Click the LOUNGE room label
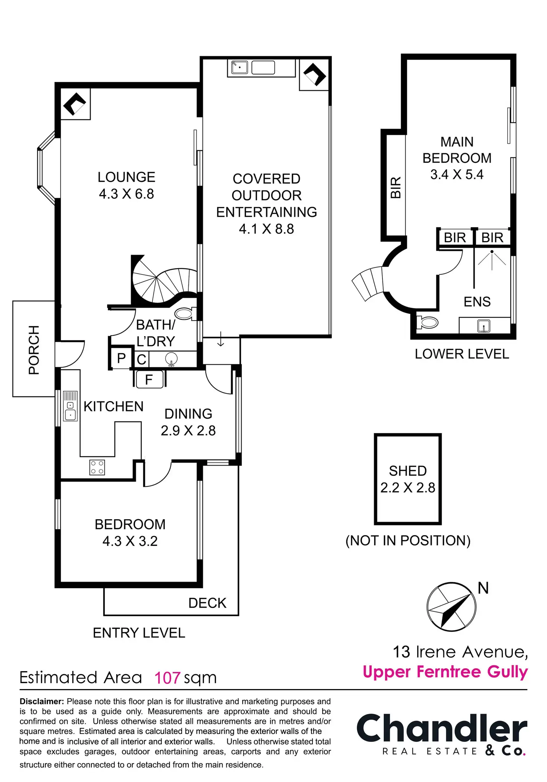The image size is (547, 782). pos(126,177)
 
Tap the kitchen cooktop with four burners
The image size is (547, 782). pos(97,467)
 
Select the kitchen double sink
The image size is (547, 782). pos(70,406)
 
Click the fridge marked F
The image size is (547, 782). pos(149,380)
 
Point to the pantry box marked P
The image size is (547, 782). pos(121,358)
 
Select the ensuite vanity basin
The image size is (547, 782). pos(484,326)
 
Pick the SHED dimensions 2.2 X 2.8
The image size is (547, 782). pos(408,488)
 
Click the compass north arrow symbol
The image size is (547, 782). pos(451,606)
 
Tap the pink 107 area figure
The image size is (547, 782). pos(167,678)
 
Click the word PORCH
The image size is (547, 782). pos(34,350)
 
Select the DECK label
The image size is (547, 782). pos(207,603)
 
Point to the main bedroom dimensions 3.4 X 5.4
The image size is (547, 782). pos(457,174)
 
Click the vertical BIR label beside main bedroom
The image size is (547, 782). pos(396,187)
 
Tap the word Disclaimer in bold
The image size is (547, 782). pos(42,701)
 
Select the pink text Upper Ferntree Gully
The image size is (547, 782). pos(445,672)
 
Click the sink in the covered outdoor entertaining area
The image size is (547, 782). pos(240,67)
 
